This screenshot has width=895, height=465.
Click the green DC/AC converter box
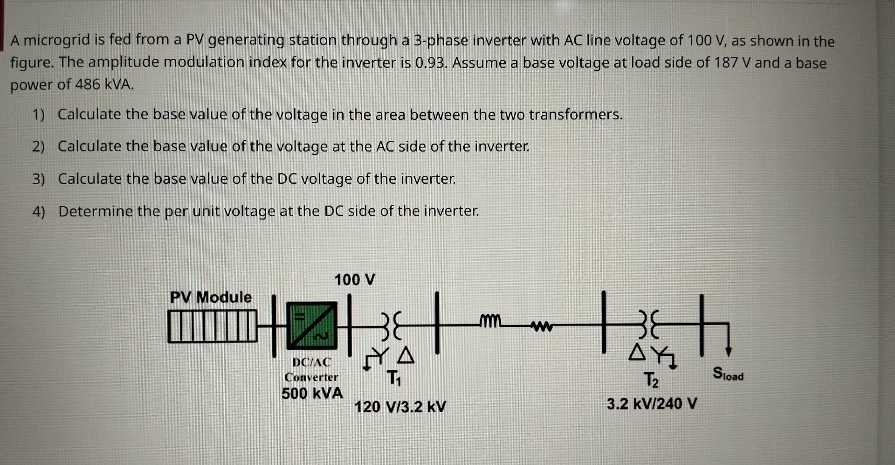pyautogui.click(x=311, y=325)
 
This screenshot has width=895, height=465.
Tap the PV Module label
pyautogui.click(x=211, y=297)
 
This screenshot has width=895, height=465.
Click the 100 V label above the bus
pyautogui.click(x=354, y=280)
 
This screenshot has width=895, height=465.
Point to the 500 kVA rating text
pyautogui.click(x=312, y=393)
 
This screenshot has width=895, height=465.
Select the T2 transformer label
pyautogui.click(x=651, y=380)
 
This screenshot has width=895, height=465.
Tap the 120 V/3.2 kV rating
pyautogui.click(x=400, y=407)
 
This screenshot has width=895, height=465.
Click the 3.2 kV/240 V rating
pyautogui.click(x=652, y=403)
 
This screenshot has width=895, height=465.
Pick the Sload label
pyautogui.click(x=728, y=374)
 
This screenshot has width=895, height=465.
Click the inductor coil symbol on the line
pyautogui.click(x=489, y=321)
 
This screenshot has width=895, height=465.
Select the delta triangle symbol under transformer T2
pyautogui.click(x=637, y=353)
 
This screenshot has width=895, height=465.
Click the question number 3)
pyautogui.click(x=39, y=179)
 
